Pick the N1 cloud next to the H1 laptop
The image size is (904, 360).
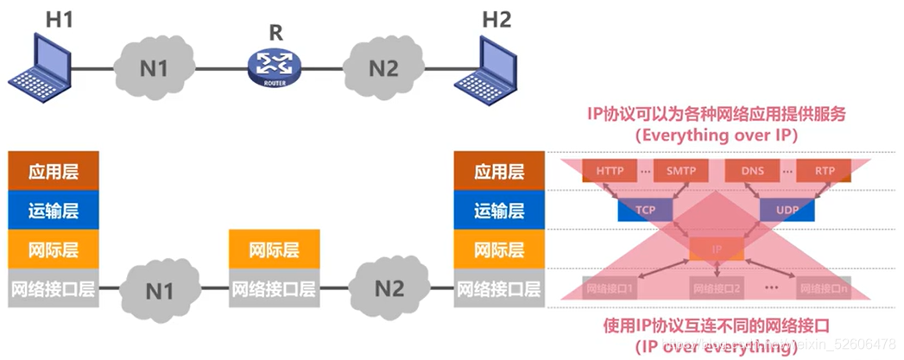point(154,66)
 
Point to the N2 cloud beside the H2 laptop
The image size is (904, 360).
point(384,66)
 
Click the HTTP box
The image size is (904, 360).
point(610,171)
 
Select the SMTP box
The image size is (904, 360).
point(680,171)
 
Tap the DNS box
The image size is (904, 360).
point(751,171)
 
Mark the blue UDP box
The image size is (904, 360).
point(787,210)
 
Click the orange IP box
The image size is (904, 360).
point(716,249)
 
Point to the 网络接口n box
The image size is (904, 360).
point(823,288)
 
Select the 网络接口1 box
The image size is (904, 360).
point(610,288)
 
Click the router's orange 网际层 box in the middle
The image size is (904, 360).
point(274,250)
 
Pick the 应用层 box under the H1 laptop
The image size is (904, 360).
point(53,171)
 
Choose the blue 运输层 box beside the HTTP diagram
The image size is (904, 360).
point(499,211)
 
